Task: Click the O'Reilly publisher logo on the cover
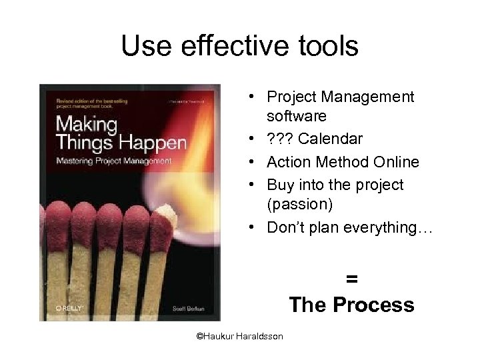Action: click(x=68, y=309)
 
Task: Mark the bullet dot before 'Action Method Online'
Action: click(x=255, y=162)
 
